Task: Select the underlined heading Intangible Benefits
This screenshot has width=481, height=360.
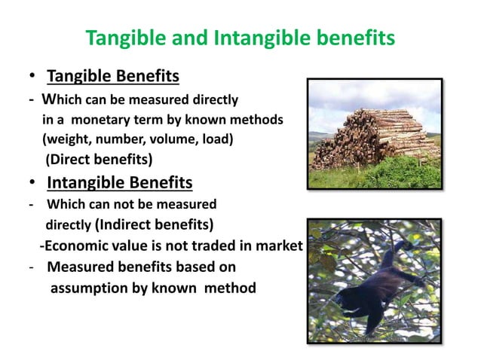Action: click(119, 183)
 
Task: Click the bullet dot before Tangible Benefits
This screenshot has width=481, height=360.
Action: click(33, 78)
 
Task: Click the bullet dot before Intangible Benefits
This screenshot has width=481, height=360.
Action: click(33, 184)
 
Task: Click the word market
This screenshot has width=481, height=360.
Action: click(280, 246)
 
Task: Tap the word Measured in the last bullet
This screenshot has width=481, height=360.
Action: click(79, 267)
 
